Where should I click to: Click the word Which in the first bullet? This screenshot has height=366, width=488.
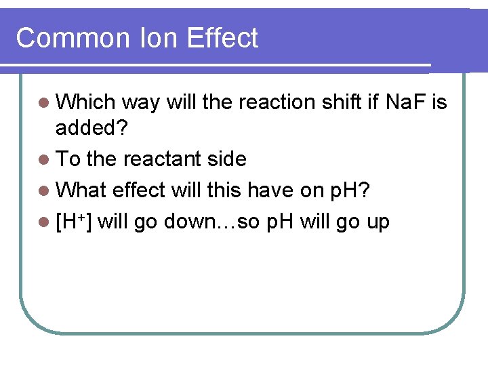[x=86, y=102]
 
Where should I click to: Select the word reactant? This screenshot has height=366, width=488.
[x=165, y=159]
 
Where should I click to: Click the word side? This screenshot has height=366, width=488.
[x=227, y=159]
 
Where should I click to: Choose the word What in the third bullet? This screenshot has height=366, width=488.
[x=82, y=190]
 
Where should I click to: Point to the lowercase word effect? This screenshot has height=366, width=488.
[x=139, y=190]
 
